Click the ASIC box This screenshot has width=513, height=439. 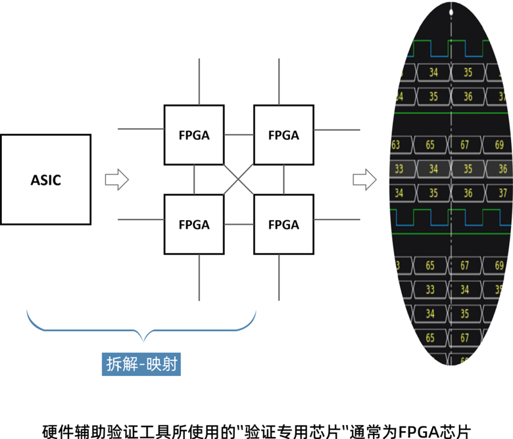[45, 179]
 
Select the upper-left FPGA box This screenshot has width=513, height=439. [194, 135]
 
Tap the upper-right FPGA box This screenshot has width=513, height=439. [283, 135]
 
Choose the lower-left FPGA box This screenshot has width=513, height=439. [194, 224]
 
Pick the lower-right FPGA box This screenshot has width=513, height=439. [283, 224]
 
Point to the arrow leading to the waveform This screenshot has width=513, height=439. [364, 179]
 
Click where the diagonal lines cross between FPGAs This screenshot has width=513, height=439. [239, 179]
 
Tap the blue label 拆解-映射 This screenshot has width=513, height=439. [141, 364]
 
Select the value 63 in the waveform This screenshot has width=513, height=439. [396, 144]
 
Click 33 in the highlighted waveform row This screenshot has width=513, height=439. [399, 169]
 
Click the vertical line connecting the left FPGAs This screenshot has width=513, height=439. [194, 179]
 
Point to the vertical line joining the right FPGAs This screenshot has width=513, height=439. [283, 179]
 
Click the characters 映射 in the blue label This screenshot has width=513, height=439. [161, 364]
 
